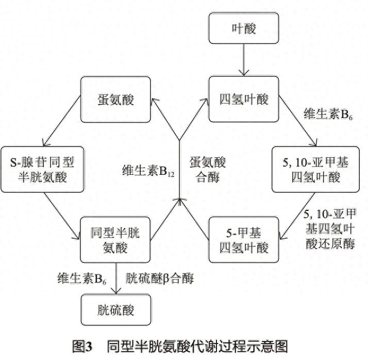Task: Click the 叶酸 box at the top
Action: (x=244, y=28)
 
